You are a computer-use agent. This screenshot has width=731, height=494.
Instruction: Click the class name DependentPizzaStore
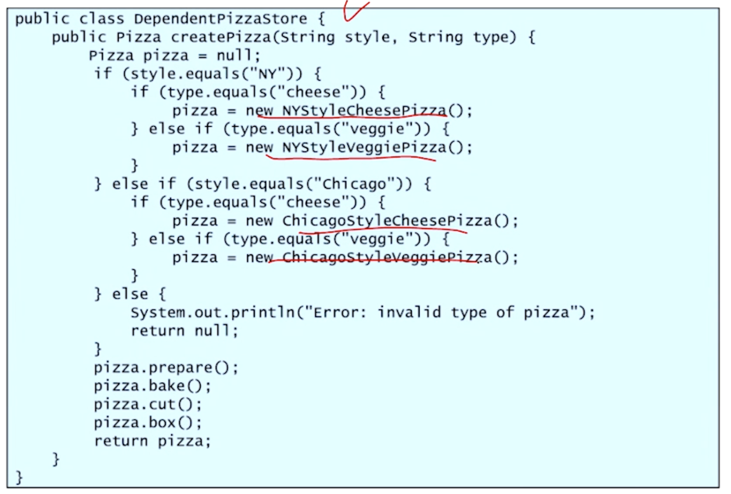coord(220,19)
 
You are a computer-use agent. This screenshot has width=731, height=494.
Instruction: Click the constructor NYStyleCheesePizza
coord(365,110)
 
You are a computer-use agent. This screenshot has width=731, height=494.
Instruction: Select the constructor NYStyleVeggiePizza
coord(365,148)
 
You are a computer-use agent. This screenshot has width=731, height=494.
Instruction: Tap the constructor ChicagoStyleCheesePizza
coord(387,221)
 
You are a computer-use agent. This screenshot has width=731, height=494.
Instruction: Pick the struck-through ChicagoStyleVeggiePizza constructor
coord(387,257)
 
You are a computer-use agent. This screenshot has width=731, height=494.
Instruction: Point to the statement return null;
coord(184,331)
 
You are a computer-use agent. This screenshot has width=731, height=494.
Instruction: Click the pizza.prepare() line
coord(166,368)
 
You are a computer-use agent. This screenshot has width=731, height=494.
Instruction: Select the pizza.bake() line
coord(152,386)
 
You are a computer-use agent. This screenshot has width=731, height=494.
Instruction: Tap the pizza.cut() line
coord(147,405)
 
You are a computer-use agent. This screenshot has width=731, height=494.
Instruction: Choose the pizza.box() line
coord(147,423)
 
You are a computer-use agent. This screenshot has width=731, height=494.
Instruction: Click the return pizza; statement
coord(152,441)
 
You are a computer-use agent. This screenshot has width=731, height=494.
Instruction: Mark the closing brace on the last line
coord(19,478)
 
